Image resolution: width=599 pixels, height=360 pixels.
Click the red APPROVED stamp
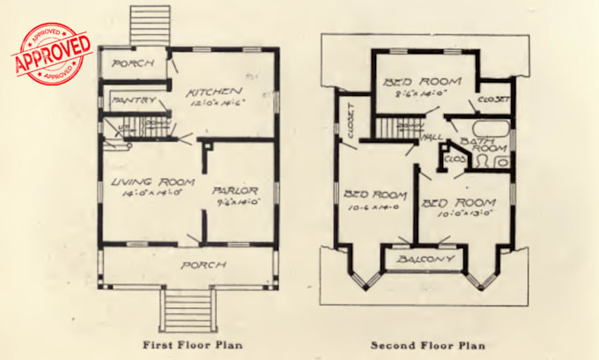(x=52, y=54)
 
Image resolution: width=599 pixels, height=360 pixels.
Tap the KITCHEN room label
(x=215, y=91)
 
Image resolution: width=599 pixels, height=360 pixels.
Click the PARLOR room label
(x=233, y=191)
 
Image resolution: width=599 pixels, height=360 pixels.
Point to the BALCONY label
(x=425, y=260)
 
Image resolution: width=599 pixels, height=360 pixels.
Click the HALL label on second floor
(x=432, y=137)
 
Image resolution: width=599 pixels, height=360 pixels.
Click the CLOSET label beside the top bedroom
(x=492, y=99)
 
